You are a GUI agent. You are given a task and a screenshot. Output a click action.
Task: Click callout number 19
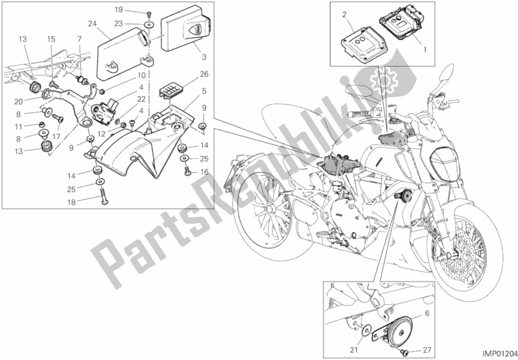tap(119, 10)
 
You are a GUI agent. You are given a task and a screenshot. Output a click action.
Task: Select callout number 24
tap(93, 24)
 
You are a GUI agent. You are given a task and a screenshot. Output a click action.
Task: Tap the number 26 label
tap(204, 74)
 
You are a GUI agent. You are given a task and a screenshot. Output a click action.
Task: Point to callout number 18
tap(72, 202)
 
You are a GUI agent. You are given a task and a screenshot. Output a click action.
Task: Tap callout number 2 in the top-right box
tap(344, 14)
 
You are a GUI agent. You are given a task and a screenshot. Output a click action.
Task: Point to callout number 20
tap(19, 102)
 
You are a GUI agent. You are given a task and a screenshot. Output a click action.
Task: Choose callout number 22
tap(141, 99)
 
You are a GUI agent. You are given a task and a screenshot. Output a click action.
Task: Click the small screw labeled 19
tap(149, 13)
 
